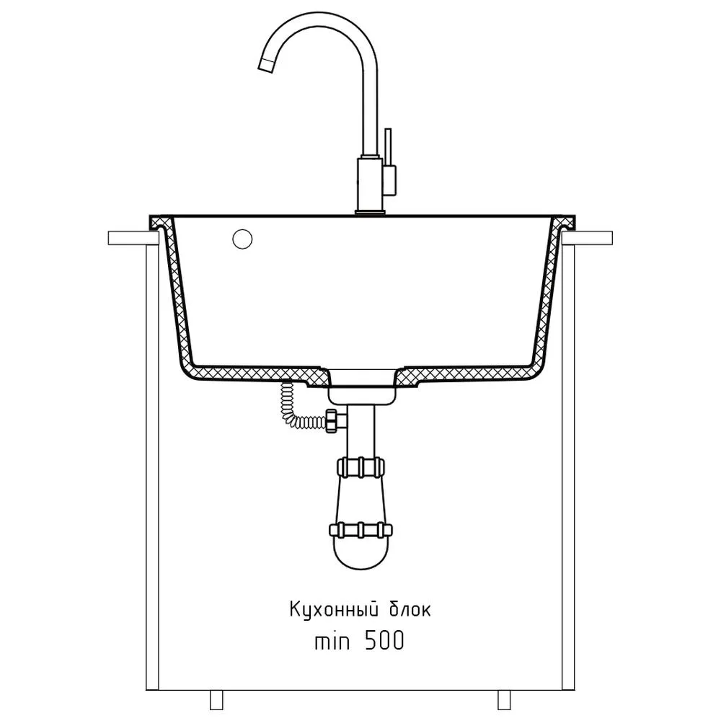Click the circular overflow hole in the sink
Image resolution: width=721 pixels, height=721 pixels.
[242, 239]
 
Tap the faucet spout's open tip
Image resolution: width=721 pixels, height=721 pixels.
[266, 66]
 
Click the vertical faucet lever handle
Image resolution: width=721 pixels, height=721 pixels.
[388, 146]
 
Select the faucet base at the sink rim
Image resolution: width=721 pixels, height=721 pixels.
[370, 212]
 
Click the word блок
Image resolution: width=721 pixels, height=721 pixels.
[410, 610]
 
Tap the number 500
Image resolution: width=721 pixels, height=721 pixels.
[384, 640]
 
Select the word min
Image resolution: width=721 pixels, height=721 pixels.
[332, 641]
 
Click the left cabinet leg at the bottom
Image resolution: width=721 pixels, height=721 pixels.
[216, 699]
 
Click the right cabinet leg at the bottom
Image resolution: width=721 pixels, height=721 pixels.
[505, 699]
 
